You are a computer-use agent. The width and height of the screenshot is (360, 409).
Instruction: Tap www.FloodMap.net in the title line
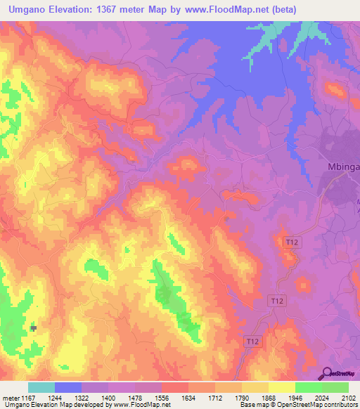pyautogui.click(x=227, y=10)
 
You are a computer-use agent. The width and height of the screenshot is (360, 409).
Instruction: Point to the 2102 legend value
pyautogui.click(x=347, y=398)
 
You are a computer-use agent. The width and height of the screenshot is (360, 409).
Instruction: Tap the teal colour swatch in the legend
pyautogui.click(x=41, y=387)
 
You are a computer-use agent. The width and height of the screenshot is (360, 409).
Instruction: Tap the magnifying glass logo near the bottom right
pyautogui.click(x=326, y=373)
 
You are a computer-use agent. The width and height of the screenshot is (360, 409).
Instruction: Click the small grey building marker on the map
pyautogui.click(x=33, y=328)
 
